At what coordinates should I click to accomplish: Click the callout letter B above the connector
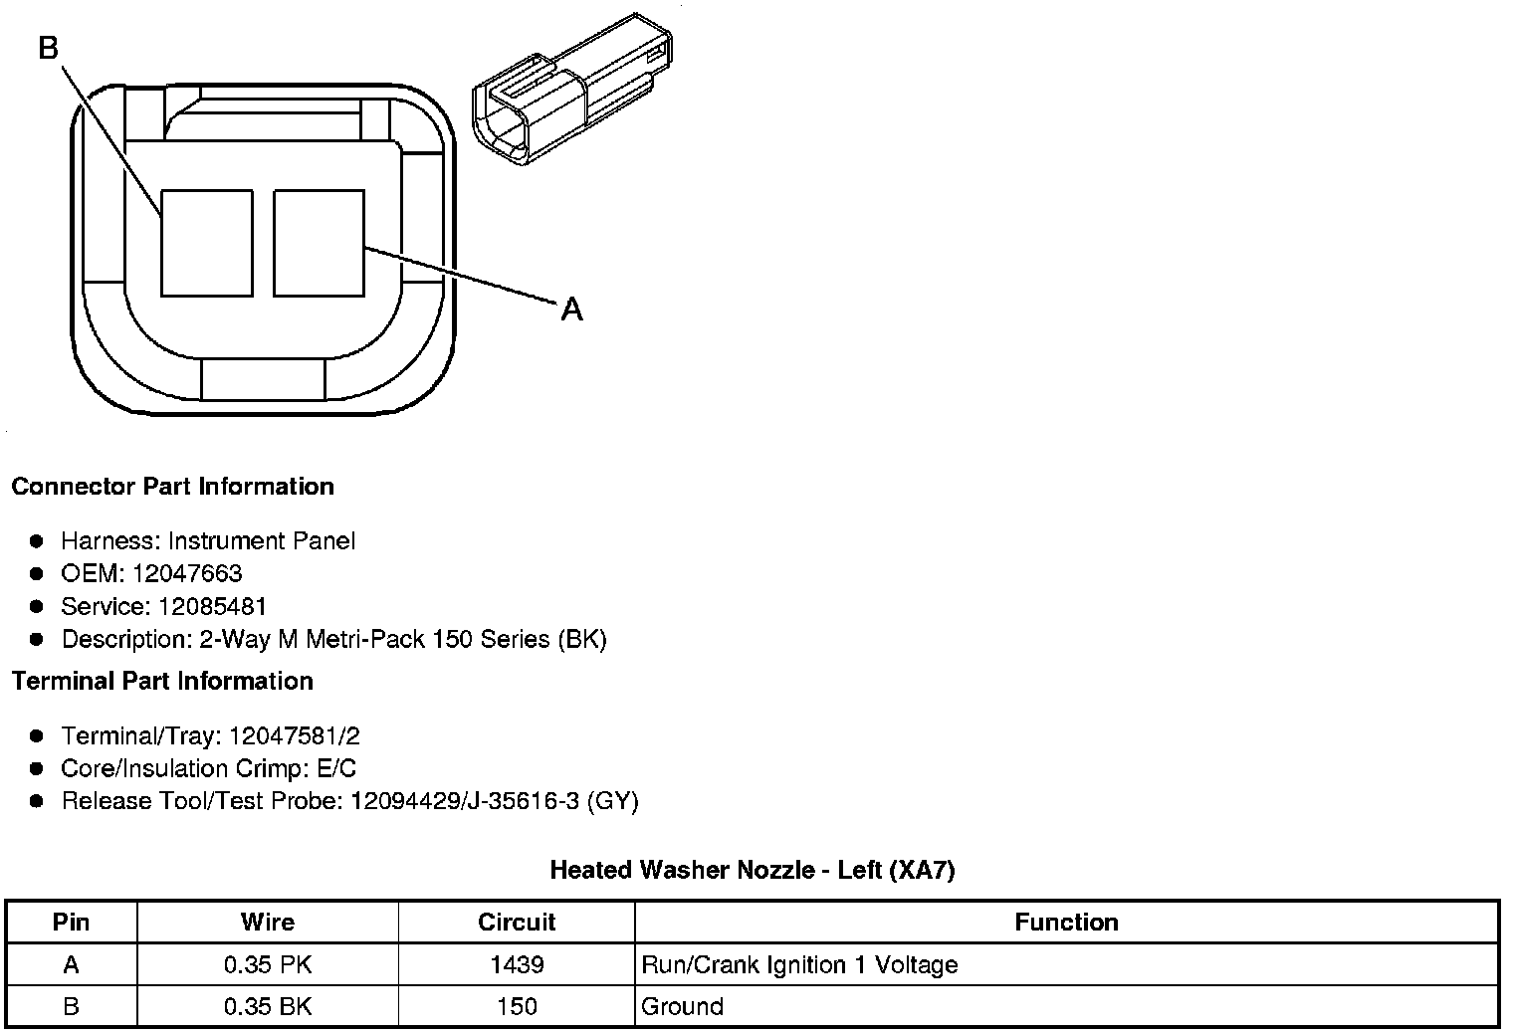tap(49, 47)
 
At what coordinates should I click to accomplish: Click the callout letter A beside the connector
tap(571, 310)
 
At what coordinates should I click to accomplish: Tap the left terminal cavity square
tap(206, 243)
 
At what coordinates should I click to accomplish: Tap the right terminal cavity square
tap(319, 243)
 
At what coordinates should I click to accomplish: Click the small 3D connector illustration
tap(570, 87)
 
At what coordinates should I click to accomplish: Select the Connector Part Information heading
tap(172, 487)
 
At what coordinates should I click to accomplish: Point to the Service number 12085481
tap(212, 606)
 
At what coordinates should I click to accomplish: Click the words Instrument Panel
tap(262, 540)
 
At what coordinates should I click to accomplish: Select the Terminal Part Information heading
tap(162, 681)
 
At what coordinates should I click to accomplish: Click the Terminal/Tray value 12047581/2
tap(294, 735)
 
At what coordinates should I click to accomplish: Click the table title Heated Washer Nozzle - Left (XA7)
tap(752, 870)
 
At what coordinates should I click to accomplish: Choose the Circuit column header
tap(517, 923)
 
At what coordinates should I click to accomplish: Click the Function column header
tap(1066, 923)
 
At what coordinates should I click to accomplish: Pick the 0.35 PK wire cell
tap(267, 964)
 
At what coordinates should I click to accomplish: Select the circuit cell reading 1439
tap(517, 964)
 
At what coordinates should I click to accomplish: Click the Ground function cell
tap(683, 1006)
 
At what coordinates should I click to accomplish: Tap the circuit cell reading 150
tap(517, 1006)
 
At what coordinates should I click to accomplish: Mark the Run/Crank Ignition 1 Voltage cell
tap(799, 964)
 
